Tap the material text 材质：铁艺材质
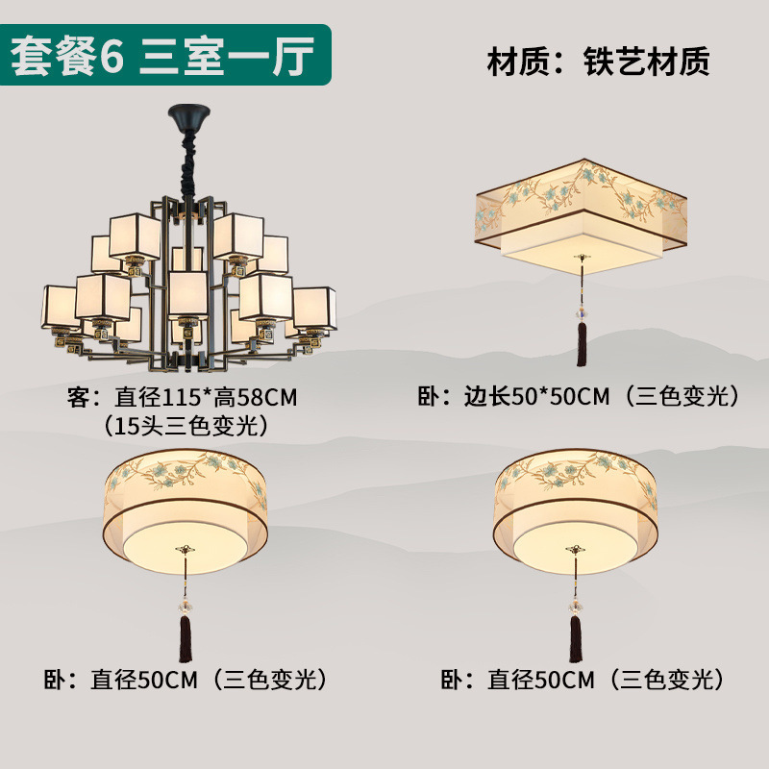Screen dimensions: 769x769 (598, 62)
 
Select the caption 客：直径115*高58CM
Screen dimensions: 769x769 (181, 398)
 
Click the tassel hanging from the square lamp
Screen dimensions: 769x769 (582, 342)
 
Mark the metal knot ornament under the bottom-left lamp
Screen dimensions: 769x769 (184, 550)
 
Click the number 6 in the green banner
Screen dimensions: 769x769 (112, 56)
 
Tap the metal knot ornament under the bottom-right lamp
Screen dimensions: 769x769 (577, 550)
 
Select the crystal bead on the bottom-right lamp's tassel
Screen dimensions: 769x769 (577, 606)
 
